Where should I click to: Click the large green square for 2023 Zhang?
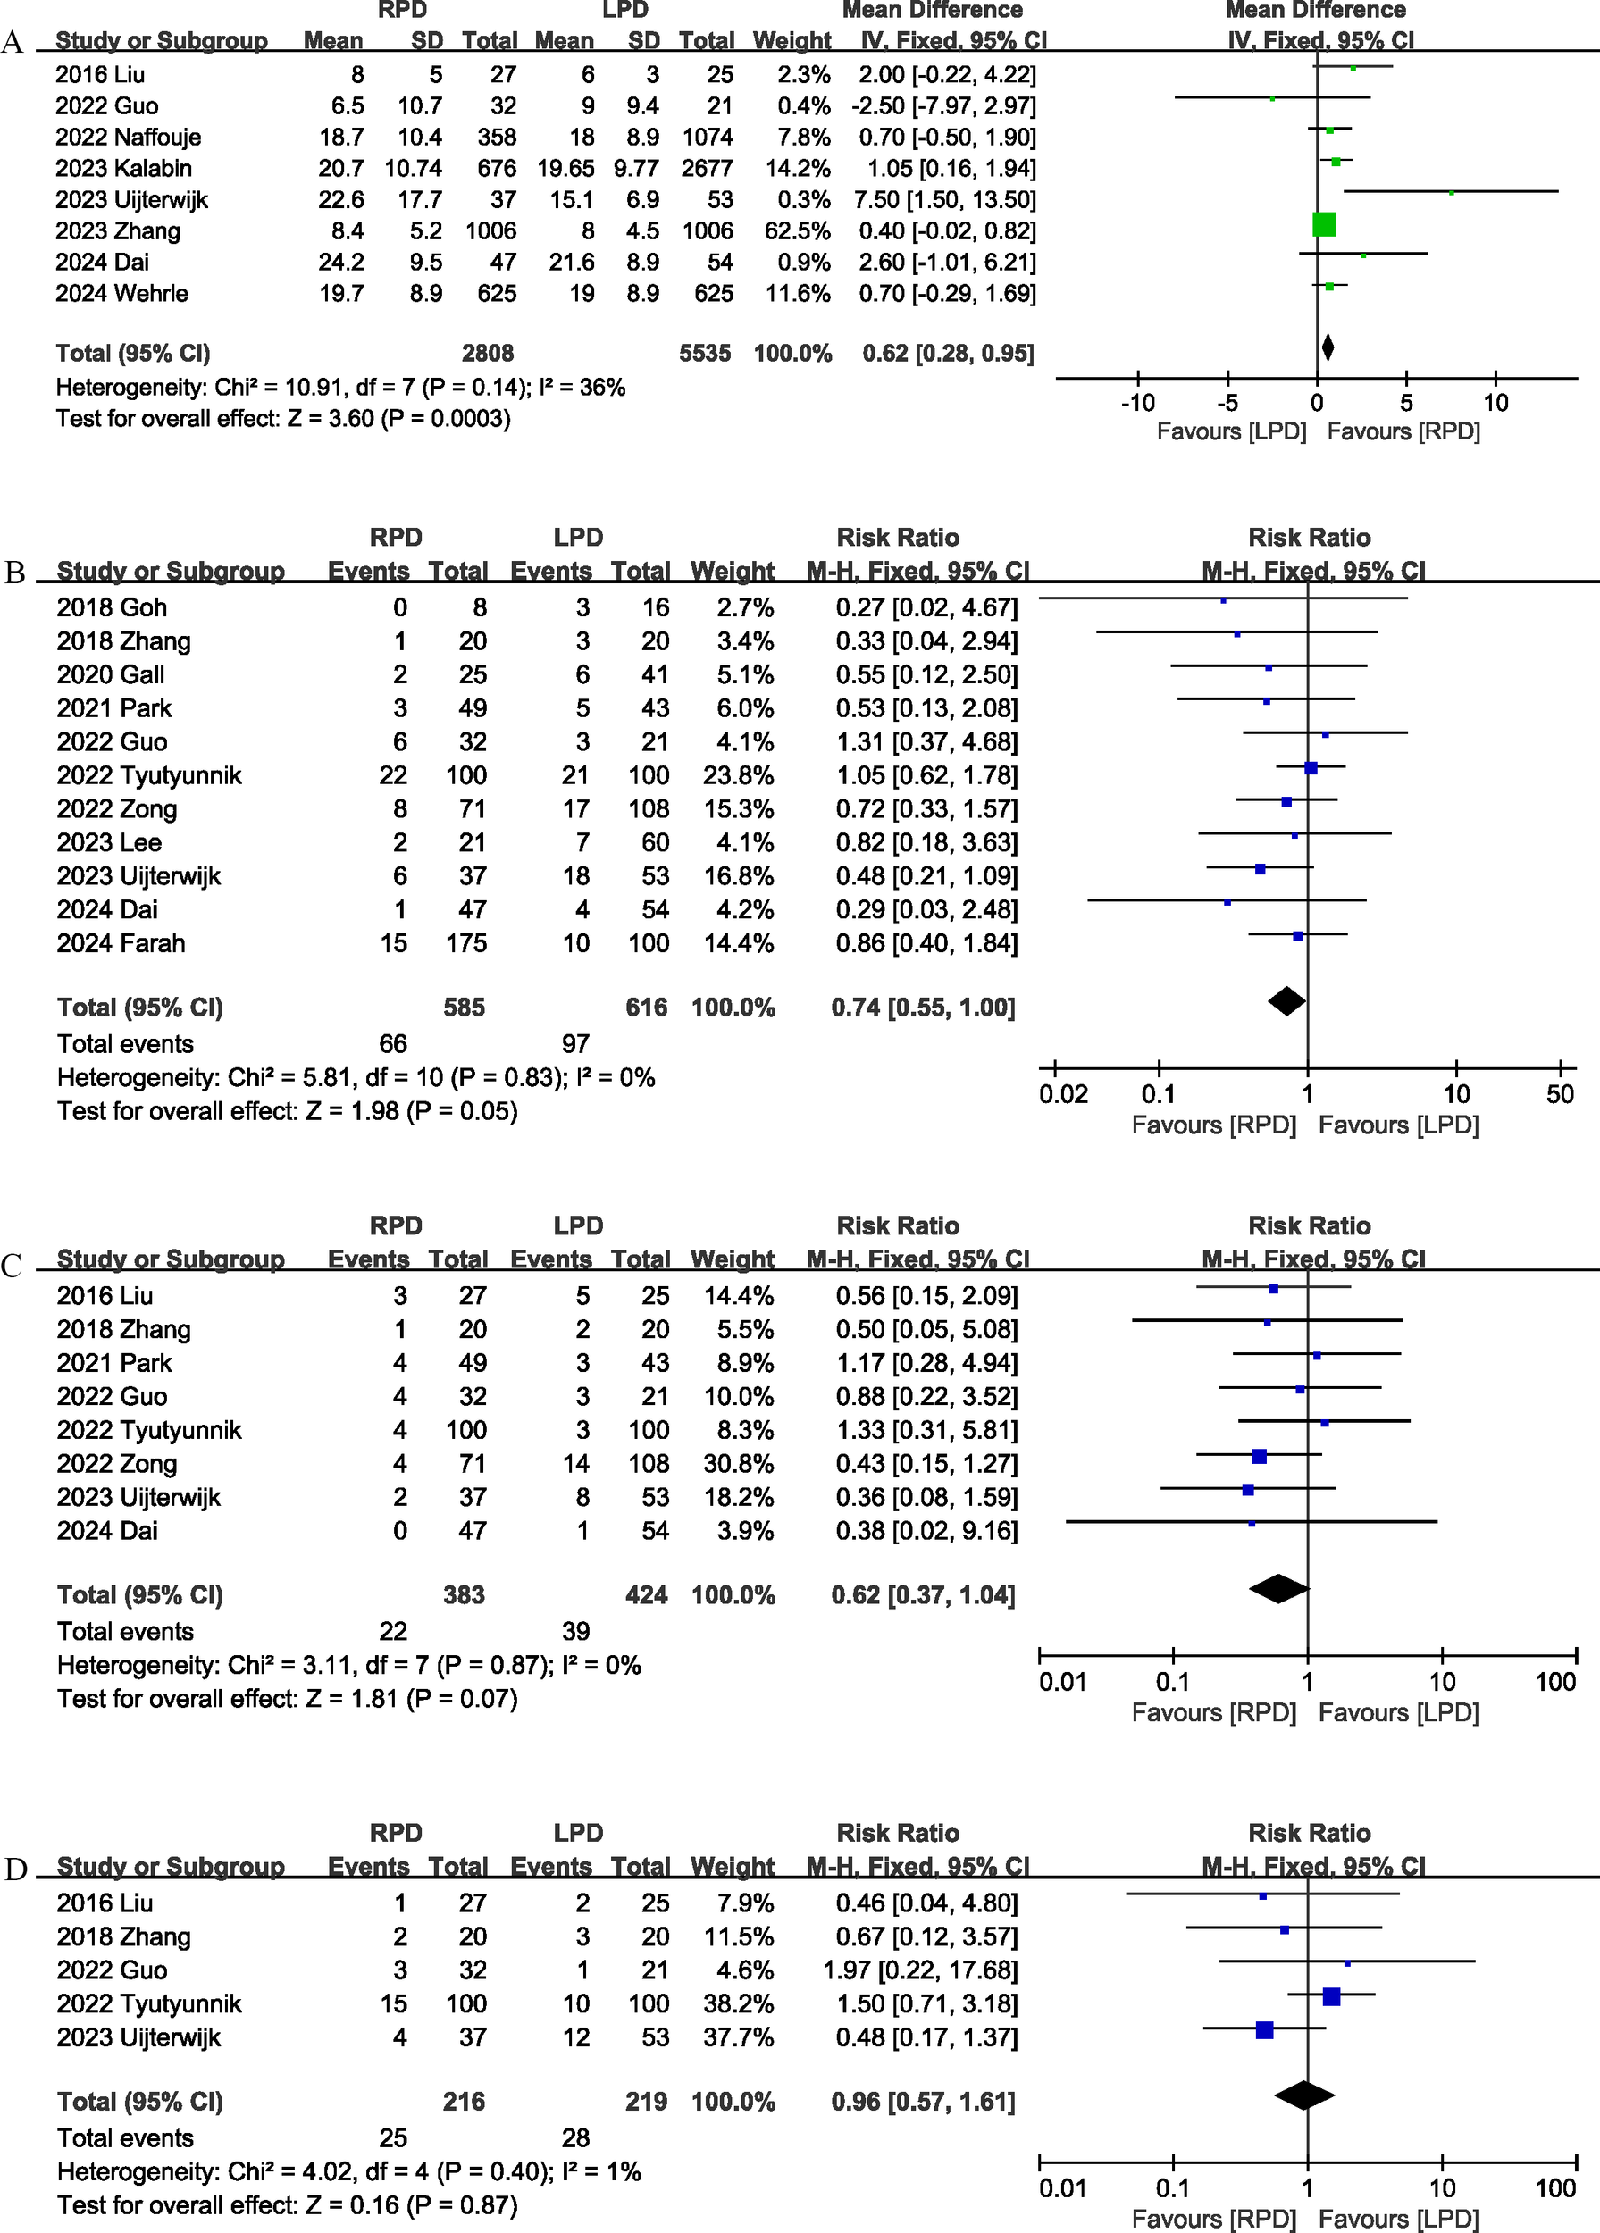tap(1324, 224)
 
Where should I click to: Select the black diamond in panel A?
tap(1328, 347)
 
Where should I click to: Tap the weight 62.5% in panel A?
tap(797, 231)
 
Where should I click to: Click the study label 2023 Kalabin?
tap(123, 168)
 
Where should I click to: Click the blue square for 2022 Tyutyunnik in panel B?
tap(1311, 768)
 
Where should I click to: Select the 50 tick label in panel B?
tap(1560, 1094)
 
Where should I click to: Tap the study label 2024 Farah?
tap(120, 943)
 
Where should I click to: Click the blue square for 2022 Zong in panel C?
tap(1259, 1456)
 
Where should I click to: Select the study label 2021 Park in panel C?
tap(113, 1364)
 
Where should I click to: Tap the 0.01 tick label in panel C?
tap(1062, 1682)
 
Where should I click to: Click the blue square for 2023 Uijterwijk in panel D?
tap(1264, 2030)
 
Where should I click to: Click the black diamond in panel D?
tap(1304, 2095)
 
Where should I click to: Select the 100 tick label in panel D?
tap(1555, 2188)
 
